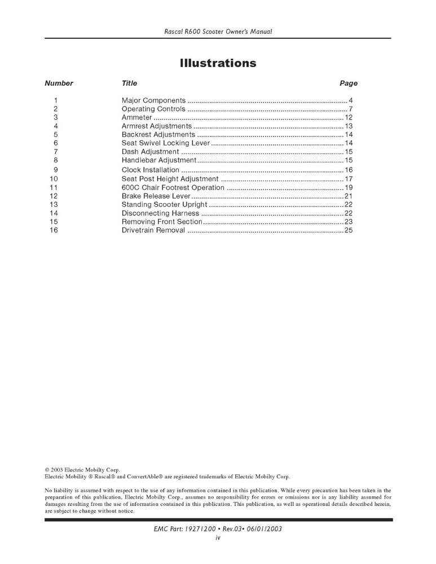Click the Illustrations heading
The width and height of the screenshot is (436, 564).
218,63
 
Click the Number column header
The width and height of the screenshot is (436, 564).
59,83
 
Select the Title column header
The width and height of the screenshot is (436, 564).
129,83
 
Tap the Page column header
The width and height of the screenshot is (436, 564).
348,83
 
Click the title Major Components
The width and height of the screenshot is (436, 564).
153,100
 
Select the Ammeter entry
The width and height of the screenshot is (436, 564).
137,117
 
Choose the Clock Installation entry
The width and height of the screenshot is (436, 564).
151,170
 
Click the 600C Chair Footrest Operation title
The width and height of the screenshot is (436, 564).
173,187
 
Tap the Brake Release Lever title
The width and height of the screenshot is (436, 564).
156,196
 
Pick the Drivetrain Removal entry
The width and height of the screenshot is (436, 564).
153,230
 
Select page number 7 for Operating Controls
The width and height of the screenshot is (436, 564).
350,109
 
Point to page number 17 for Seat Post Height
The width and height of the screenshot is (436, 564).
348,179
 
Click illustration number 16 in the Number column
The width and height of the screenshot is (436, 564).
54,230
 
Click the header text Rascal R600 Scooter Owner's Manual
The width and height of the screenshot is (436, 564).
218,32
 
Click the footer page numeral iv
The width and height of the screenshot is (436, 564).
218,538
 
